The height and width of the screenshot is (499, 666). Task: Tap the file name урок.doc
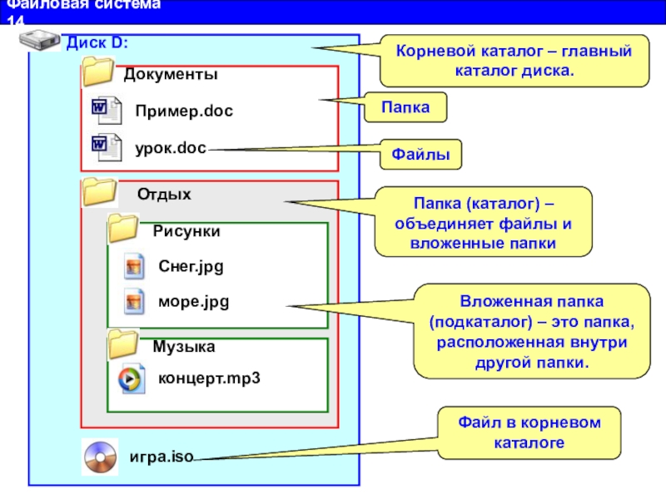pos(170,148)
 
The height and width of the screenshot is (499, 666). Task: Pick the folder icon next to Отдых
pos(99,192)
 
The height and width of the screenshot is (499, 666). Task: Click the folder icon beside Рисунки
pos(126,228)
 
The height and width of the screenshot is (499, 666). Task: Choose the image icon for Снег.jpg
pos(134,266)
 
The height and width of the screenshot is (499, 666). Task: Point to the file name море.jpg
pos(193,301)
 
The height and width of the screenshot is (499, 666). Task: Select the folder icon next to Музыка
pos(126,343)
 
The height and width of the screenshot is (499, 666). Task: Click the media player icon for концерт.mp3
pos(134,378)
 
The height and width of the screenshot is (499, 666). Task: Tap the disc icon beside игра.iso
pos(100,457)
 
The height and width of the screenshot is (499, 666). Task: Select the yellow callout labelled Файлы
pos(421,154)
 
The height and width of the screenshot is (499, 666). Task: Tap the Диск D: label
pos(97,42)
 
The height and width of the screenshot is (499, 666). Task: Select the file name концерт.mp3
pos(209,378)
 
